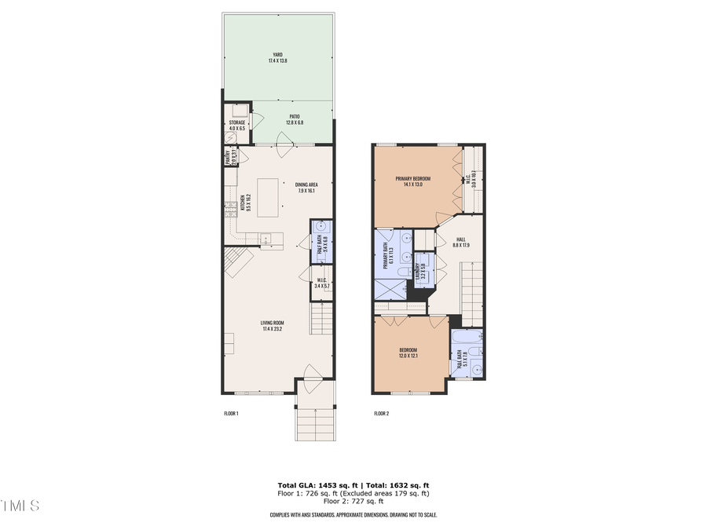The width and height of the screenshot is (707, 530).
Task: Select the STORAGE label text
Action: coord(237,122)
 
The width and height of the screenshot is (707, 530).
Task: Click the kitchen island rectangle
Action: coord(269,197)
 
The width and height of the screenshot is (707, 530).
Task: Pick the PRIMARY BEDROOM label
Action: coord(412,178)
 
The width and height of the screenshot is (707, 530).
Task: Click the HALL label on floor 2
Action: coord(461,239)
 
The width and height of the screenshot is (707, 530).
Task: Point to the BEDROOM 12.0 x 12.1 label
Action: coord(408,353)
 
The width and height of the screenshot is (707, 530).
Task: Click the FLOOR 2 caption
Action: coord(382,413)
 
